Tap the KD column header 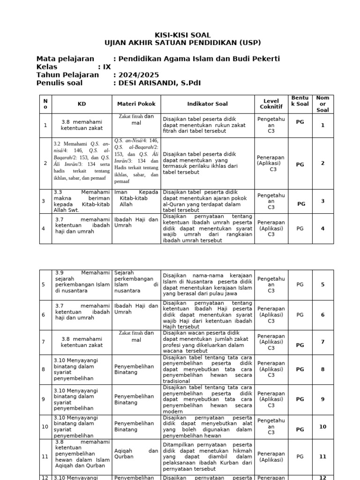pos(82,104)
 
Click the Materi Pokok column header pos(136,104)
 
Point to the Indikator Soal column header pos(207,104)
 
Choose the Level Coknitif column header pos(271,104)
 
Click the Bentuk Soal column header pos(300,101)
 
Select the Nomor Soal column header pos(322,104)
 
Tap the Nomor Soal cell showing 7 pos(322,342)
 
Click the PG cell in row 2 pos(300,165)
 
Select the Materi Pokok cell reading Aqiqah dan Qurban pos(136,453)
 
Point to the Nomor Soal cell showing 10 pos(322,427)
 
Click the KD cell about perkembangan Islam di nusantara pos(82,281)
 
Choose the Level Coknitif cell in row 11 pos(271,457)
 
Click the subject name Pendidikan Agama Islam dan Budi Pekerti pos(199,59)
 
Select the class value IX pos(107,67)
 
